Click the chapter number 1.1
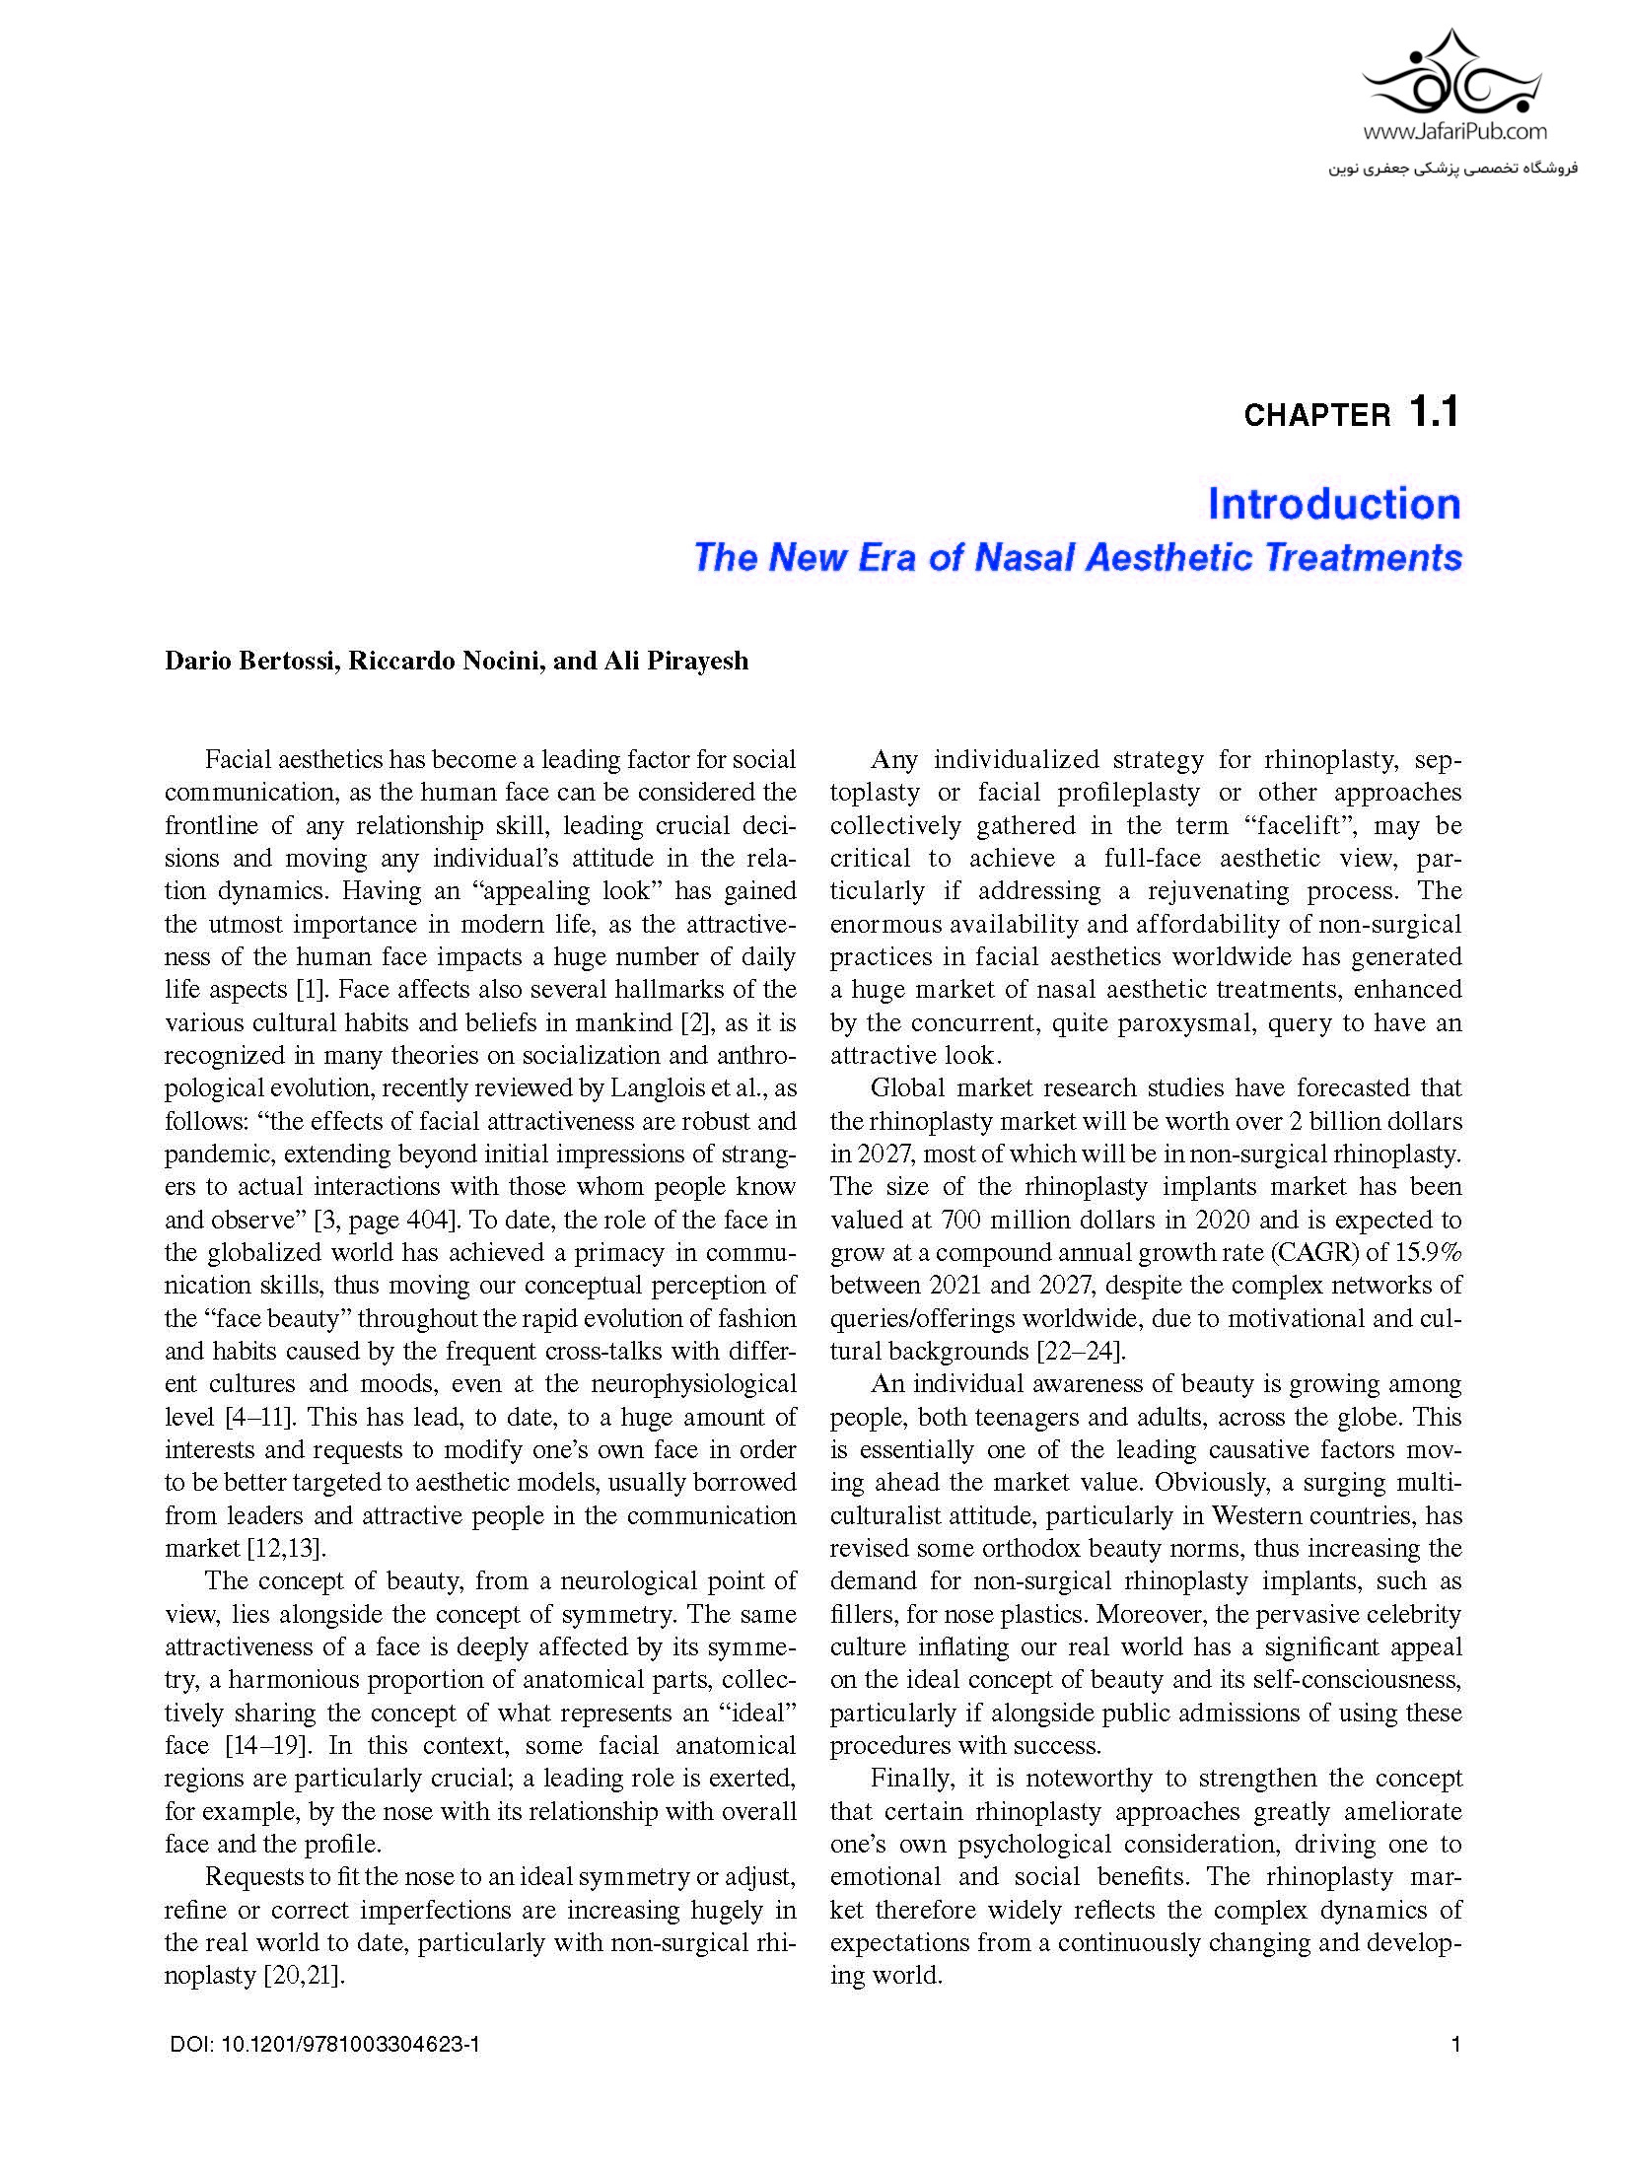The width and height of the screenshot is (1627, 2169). coord(1434,412)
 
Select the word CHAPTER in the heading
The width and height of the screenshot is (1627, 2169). coord(1316,416)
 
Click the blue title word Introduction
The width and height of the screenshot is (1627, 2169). coord(1334,504)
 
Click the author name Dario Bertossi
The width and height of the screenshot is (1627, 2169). coord(251,661)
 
